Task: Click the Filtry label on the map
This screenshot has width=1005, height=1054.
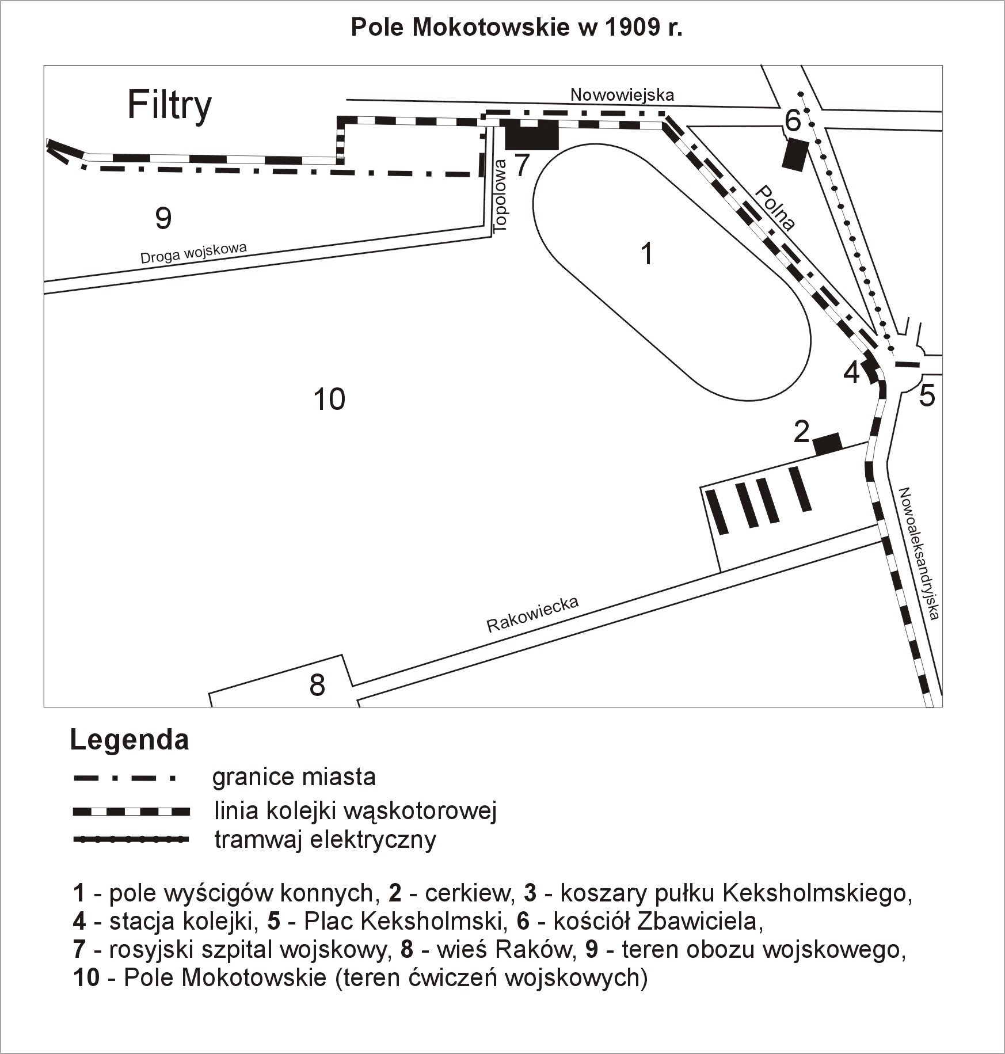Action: [x=169, y=106]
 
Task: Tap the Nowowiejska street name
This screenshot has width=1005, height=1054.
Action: [x=622, y=94]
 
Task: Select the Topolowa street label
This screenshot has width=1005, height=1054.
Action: [x=501, y=196]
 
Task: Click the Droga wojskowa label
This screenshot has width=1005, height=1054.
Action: [x=193, y=253]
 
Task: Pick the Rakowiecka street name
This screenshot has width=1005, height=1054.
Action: [x=532, y=614]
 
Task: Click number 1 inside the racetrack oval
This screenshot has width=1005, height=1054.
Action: [x=647, y=254]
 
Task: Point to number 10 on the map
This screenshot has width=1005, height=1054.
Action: [x=329, y=399]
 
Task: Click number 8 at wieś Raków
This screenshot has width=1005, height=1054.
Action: [x=317, y=686]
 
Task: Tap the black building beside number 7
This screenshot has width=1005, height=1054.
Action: [x=532, y=134]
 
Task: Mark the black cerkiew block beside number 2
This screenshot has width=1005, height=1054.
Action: [x=827, y=443]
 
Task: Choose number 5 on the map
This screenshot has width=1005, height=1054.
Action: [x=927, y=396]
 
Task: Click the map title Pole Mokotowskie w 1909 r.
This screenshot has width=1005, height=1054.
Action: [x=516, y=28]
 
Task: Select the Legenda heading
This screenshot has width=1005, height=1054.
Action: [x=130, y=740]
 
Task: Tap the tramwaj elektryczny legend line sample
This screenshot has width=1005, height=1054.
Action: [x=131, y=840]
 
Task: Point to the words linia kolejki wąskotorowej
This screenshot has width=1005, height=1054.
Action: [x=355, y=811]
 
